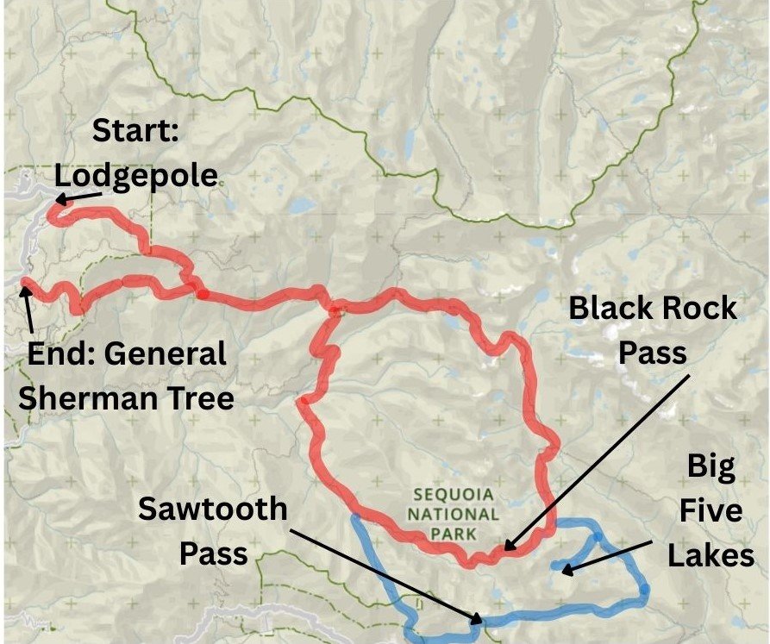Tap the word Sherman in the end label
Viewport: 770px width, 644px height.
(85, 398)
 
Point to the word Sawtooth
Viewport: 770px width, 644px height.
(212, 509)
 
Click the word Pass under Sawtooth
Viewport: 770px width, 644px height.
(212, 553)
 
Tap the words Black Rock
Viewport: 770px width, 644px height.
(653, 308)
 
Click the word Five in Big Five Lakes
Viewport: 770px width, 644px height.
(711, 511)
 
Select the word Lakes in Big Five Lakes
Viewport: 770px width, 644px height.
(711, 556)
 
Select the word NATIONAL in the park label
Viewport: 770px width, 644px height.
(454, 515)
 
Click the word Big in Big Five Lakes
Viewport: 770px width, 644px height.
(711, 467)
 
